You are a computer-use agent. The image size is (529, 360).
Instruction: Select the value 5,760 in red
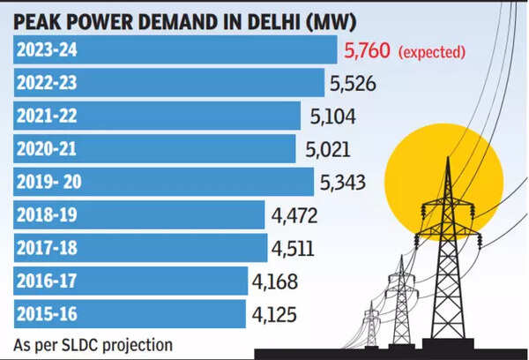point(366,51)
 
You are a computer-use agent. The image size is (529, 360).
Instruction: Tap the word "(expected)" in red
point(432,52)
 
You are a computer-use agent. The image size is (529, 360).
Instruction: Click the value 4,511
point(295,249)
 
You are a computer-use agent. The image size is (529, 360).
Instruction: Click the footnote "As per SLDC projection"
point(93,344)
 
